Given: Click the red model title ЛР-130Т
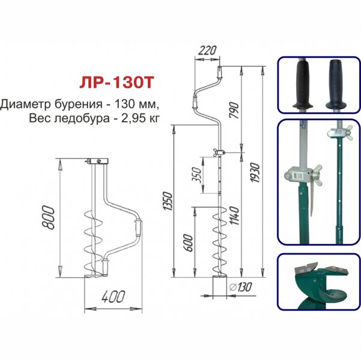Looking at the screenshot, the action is coord(117,83).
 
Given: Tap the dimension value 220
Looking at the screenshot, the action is coord(207,50).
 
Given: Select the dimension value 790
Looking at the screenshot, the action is coord(235,110).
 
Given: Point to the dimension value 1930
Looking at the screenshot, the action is coord(255,173).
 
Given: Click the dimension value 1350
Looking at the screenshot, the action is coord(168,200).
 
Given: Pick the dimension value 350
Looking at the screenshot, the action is coord(197,175).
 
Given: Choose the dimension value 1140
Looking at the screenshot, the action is coord(235,215).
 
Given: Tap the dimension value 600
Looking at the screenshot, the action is coord(189,244).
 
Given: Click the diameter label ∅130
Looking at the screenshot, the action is coord(241,287).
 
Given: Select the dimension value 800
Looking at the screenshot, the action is coord(49,218).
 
